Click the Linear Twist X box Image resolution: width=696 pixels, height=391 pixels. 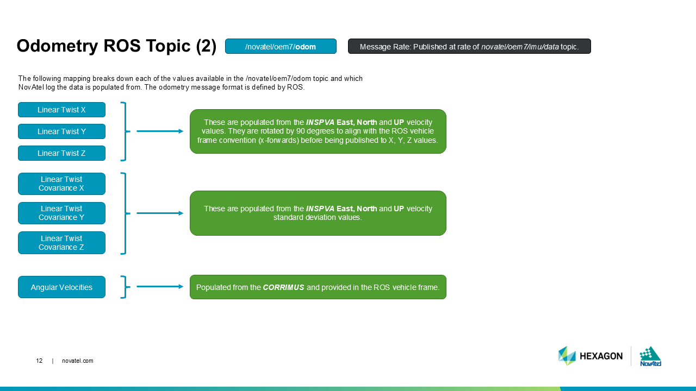click(x=61, y=110)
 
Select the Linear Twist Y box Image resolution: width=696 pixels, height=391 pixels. click(x=61, y=131)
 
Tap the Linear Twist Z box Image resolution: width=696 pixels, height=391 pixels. click(x=61, y=153)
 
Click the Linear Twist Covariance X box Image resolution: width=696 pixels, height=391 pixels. click(x=61, y=184)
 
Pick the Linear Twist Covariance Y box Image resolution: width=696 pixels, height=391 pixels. click(x=61, y=213)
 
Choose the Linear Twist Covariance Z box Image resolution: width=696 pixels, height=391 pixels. click(x=61, y=243)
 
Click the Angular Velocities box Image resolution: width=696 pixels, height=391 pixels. click(x=61, y=287)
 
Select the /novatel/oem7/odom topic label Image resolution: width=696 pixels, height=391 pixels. click(x=281, y=47)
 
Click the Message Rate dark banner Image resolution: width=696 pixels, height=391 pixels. click(x=469, y=47)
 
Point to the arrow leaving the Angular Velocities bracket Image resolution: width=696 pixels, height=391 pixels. click(x=159, y=287)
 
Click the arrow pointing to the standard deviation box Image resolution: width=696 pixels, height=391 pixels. click(x=159, y=213)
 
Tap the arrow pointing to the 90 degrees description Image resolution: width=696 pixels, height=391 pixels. click(x=159, y=131)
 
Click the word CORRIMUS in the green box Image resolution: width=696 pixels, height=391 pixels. click(x=283, y=287)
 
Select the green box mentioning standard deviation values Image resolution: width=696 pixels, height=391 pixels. click(x=318, y=213)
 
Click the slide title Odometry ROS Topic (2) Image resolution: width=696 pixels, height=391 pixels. click(x=116, y=46)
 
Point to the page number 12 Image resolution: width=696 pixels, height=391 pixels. click(x=39, y=361)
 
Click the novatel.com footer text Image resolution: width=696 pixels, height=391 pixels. click(x=78, y=361)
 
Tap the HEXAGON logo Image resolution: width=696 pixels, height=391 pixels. click(x=591, y=356)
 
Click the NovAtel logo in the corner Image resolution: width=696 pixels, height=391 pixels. click(x=650, y=356)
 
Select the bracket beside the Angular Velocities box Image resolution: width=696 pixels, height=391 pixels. click(x=125, y=287)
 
